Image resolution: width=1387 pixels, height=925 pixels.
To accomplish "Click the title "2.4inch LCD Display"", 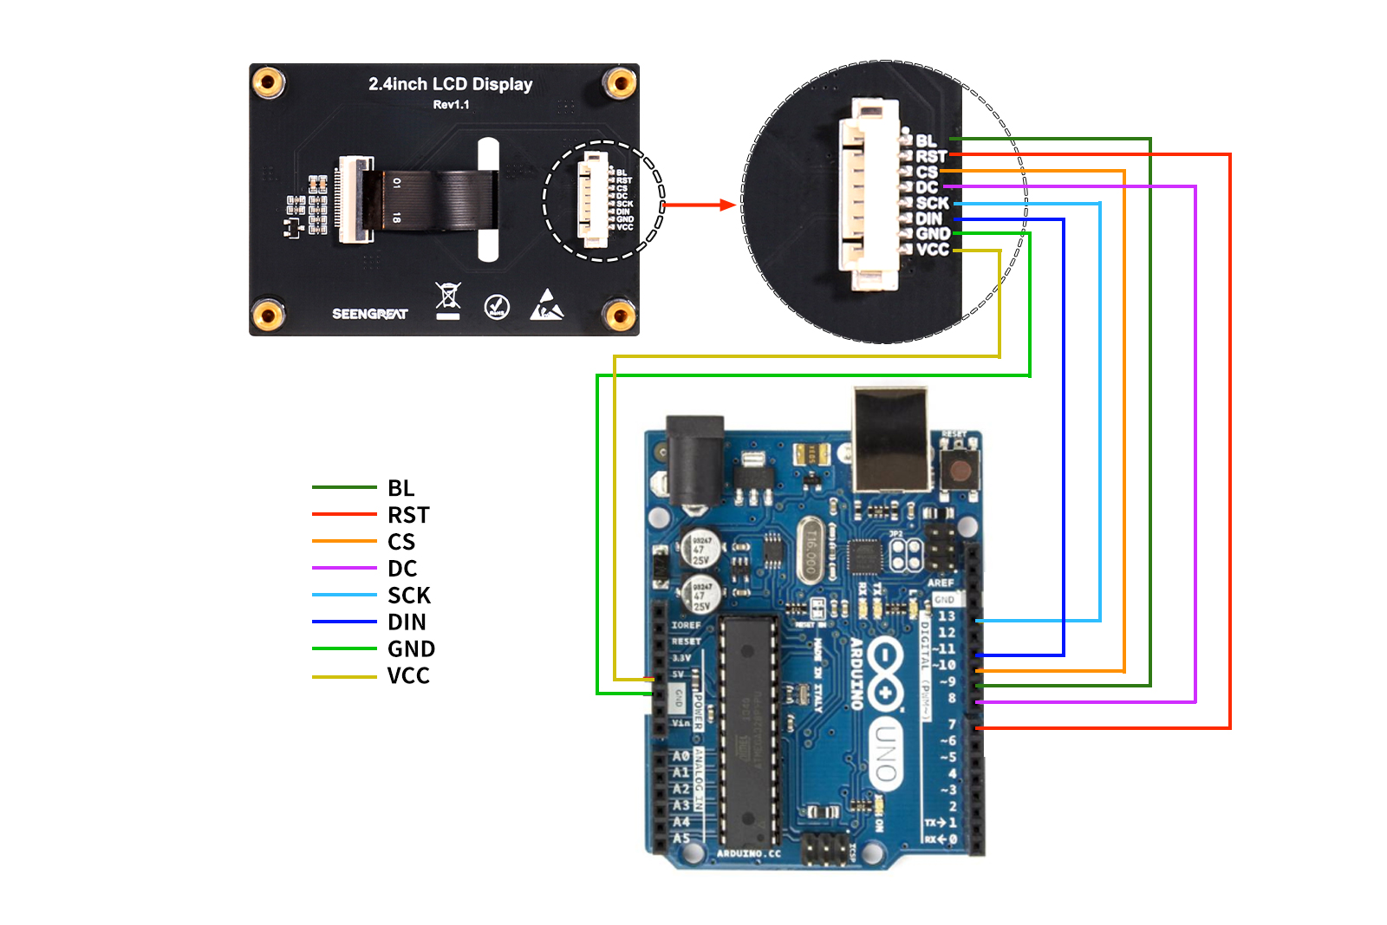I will (x=450, y=84).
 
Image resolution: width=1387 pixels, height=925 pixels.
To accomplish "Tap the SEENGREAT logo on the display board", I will (x=369, y=314).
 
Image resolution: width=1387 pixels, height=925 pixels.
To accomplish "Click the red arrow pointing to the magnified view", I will (x=699, y=205).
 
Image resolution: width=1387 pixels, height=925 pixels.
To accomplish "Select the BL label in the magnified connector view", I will (x=926, y=140).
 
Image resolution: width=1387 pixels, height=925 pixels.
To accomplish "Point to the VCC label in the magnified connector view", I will (x=933, y=250).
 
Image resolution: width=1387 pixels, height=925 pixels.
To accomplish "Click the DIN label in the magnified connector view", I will (x=928, y=218).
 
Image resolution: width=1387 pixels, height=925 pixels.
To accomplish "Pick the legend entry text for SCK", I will (x=409, y=596).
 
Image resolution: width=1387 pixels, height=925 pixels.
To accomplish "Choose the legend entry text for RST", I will (x=408, y=516).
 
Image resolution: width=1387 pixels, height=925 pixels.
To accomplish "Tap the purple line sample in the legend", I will (x=344, y=569).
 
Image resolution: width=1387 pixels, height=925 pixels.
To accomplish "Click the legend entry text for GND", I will (x=411, y=649).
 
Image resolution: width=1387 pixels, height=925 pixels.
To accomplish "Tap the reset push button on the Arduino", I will (x=960, y=469).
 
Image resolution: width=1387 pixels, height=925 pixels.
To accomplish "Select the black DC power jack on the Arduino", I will (x=694, y=459).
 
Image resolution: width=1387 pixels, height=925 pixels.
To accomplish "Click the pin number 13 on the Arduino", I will (x=946, y=616).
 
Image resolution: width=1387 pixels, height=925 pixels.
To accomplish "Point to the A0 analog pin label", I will (x=681, y=757).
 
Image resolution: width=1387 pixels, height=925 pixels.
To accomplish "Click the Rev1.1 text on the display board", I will (x=451, y=105).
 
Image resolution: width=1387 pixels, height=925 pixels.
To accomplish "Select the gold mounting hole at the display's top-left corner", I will (x=268, y=83).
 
